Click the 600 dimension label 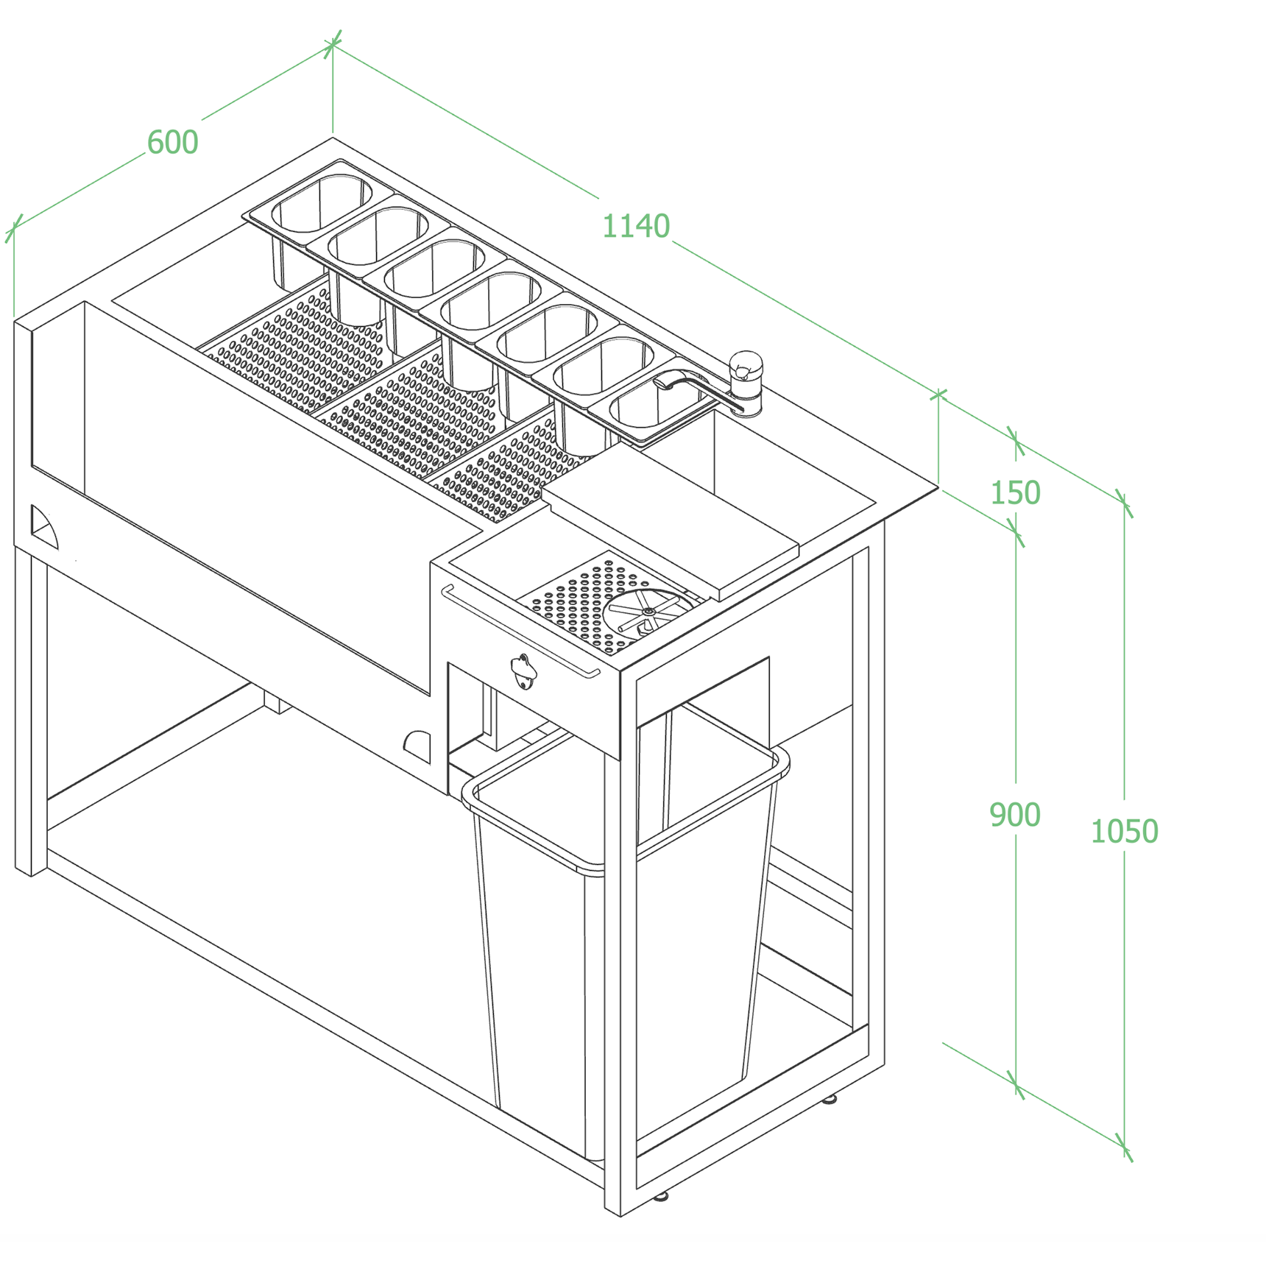(173, 142)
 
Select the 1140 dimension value (636, 226)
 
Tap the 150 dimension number (1015, 492)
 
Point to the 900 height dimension (1014, 815)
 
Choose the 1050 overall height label (1124, 832)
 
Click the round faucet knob (746, 366)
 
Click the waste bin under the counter (626, 942)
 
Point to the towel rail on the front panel (520, 631)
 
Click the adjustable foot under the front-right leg (660, 1196)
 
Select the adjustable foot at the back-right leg (829, 1100)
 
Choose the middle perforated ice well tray (414, 413)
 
